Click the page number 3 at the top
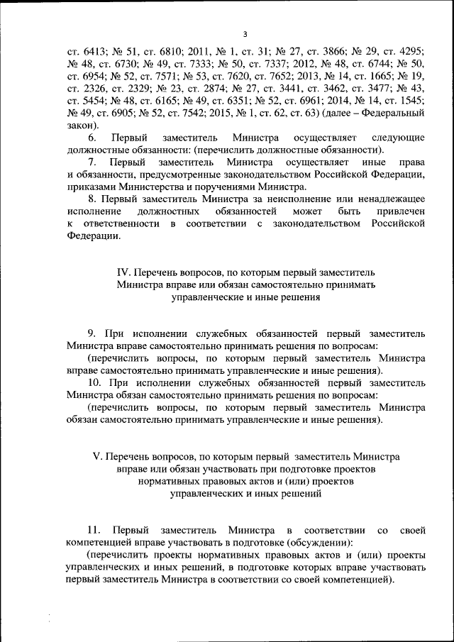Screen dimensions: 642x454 (x=245, y=34)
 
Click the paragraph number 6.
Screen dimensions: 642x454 (x=92, y=137)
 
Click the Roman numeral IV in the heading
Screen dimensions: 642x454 (x=121, y=273)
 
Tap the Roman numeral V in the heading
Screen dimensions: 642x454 (x=98, y=456)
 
